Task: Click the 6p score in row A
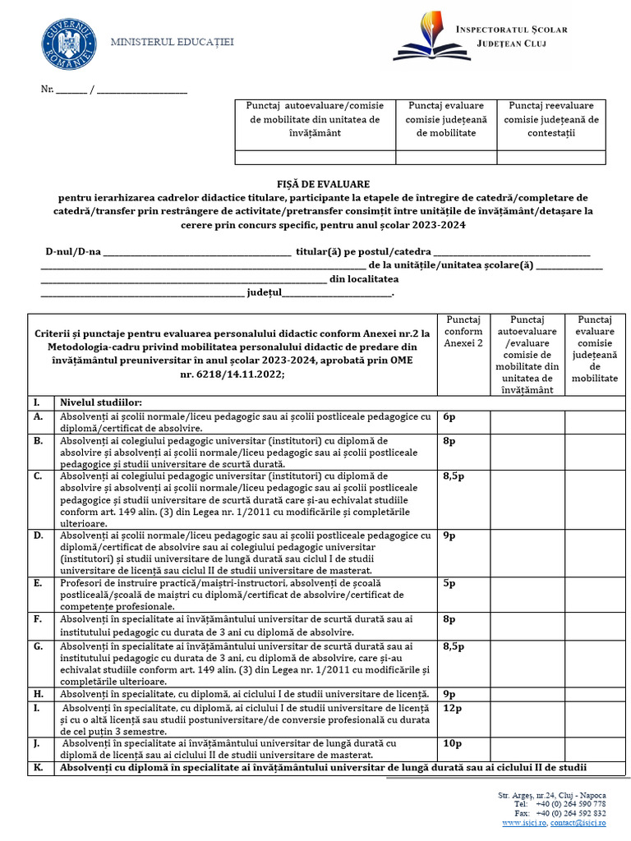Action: pyautogui.click(x=449, y=416)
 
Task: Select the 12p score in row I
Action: pyautogui.click(x=452, y=707)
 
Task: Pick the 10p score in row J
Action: pyautogui.click(x=452, y=743)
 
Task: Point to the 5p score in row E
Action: pyautogui.click(x=449, y=584)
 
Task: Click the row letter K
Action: pyautogui.click(x=37, y=768)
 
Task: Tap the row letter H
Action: pyautogui.click(x=38, y=694)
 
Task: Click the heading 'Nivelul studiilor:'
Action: pyautogui.click(x=100, y=402)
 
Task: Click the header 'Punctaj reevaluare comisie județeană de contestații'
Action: pyautogui.click(x=551, y=118)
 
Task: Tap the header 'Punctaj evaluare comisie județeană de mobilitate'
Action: pyautogui.click(x=446, y=118)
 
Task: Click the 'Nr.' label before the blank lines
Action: pyautogui.click(x=48, y=89)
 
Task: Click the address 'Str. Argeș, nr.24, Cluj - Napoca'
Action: pyautogui.click(x=551, y=795)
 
